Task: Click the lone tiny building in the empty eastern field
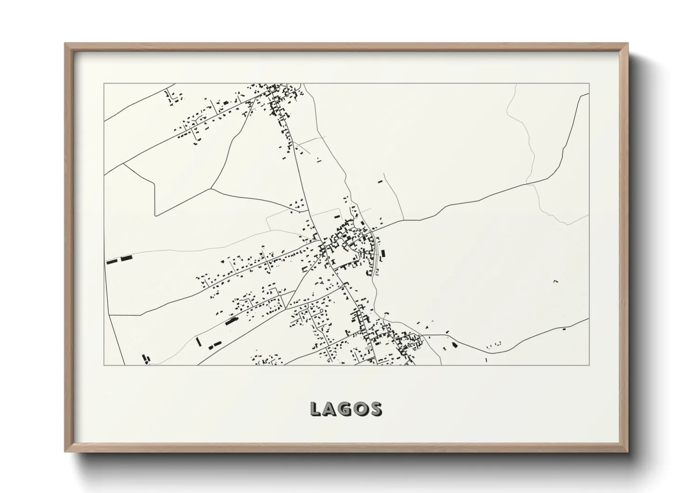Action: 555,281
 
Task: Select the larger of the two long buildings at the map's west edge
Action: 127,258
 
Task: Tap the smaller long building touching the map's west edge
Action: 111,262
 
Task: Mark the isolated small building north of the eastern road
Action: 379,181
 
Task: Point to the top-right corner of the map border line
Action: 589,83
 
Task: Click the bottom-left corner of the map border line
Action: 104,365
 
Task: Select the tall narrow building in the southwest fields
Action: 198,342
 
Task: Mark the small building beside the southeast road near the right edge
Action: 564,329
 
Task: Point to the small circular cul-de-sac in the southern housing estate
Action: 321,310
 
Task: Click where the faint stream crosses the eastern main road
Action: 531,183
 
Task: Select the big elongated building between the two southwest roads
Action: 231,321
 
